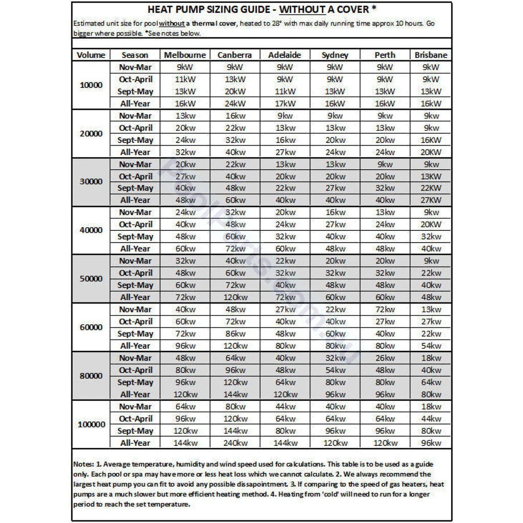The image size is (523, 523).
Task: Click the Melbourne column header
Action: point(185,55)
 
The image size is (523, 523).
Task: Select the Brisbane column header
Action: point(431,55)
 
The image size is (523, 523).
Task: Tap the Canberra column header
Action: point(234,55)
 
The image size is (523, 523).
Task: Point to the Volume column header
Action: point(91,55)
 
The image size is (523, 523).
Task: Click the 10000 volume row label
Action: point(91,85)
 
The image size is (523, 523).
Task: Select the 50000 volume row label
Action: point(91,279)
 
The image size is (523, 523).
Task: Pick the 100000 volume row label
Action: point(91,425)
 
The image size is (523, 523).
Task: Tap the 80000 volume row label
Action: point(91,376)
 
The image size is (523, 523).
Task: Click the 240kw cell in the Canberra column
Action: point(234,443)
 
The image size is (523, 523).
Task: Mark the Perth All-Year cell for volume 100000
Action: point(385,443)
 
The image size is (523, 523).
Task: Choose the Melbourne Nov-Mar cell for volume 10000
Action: point(185,67)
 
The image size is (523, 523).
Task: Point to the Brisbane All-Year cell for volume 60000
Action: point(431,346)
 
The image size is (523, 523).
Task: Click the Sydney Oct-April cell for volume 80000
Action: point(335,370)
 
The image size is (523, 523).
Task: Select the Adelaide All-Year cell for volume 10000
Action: point(284,104)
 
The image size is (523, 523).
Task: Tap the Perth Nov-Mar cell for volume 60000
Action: point(385,310)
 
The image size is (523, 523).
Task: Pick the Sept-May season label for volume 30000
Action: point(135,188)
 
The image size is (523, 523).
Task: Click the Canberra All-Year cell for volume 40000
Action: point(234,249)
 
